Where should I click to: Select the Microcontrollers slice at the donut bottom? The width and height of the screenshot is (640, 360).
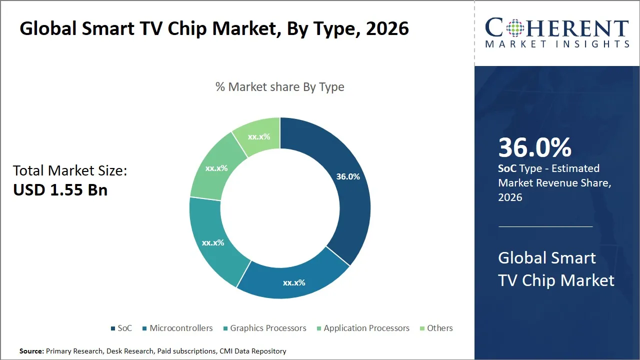294,280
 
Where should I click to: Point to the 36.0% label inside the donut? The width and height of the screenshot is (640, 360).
348,176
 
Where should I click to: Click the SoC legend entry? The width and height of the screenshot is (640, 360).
121,328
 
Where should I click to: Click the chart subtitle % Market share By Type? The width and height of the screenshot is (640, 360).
280,87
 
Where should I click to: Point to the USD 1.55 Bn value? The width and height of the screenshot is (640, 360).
60,190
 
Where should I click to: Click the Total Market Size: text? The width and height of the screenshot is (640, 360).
70,171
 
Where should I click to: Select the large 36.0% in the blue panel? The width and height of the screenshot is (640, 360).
534,147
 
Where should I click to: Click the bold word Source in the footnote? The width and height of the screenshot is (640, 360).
31,351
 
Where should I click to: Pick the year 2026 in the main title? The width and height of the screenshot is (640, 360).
387,28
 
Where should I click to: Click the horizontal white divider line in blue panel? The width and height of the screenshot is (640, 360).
545,226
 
